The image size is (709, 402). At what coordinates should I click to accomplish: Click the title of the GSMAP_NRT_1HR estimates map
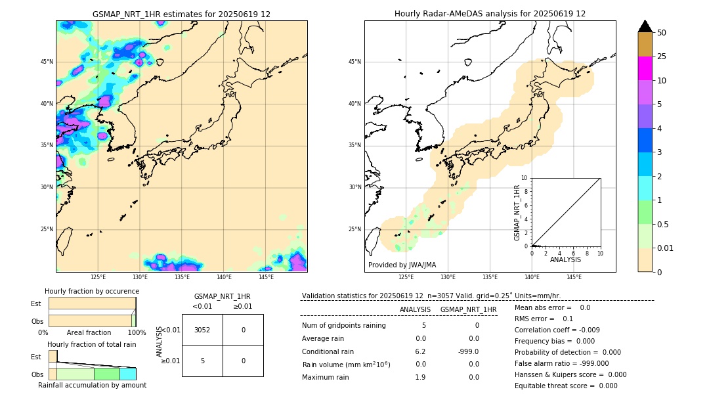tap(181, 14)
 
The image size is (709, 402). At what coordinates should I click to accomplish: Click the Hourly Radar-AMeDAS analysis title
tap(490, 14)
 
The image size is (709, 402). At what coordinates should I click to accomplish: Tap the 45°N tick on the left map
tap(47, 62)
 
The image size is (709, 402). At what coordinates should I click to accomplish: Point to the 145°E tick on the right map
tap(574, 277)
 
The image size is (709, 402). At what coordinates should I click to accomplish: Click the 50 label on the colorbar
tap(662, 32)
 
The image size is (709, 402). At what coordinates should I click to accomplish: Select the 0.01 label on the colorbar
tap(666, 248)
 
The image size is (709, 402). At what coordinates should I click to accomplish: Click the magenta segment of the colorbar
tap(645, 68)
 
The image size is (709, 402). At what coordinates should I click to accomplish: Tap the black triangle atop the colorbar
tap(645, 26)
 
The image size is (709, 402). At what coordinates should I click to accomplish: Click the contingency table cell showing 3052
tap(202, 330)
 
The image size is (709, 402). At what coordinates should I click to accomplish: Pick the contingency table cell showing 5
tap(202, 361)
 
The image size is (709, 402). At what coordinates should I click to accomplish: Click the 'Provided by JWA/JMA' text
tap(402, 265)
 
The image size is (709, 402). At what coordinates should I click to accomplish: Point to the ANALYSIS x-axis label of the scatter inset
tap(565, 259)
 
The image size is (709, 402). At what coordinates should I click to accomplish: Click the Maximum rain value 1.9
tap(420, 377)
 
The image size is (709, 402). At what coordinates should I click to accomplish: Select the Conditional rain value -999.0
tap(468, 351)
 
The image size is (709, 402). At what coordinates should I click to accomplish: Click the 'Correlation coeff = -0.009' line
tap(557, 330)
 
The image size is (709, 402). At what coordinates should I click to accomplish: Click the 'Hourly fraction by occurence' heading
tap(92, 291)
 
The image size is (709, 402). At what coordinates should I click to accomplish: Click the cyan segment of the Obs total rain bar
tap(127, 374)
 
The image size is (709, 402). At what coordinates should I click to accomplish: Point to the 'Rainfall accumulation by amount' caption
tap(92, 386)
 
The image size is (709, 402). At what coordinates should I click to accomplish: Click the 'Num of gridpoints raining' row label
tap(343, 325)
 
